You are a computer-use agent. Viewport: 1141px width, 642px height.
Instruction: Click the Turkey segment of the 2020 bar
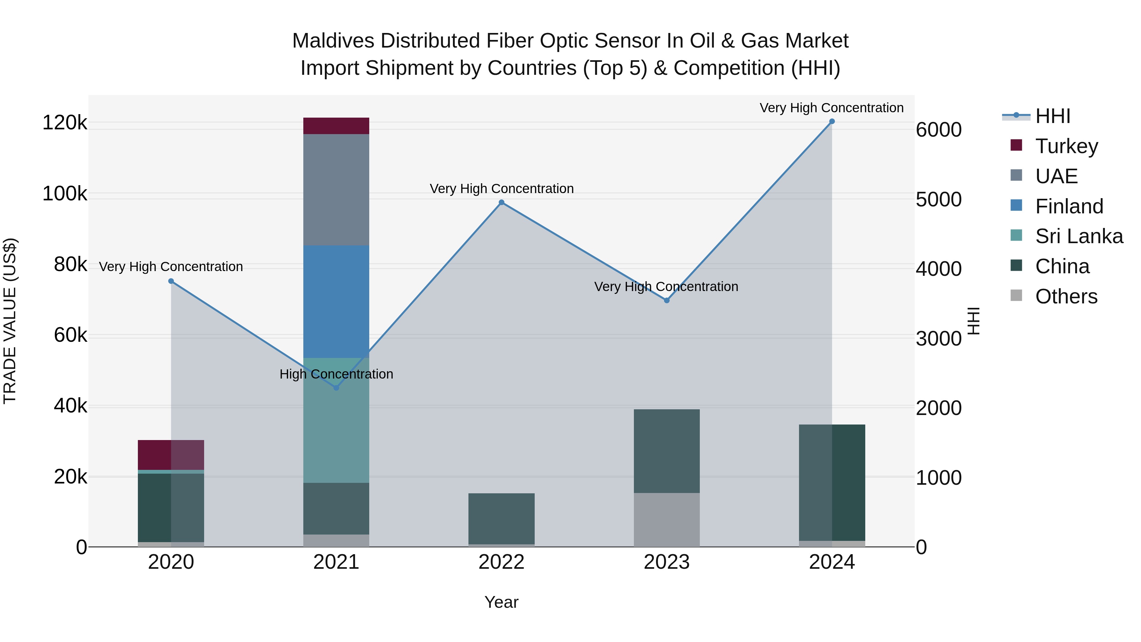(x=171, y=455)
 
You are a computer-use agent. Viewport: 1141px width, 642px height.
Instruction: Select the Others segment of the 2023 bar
(x=667, y=519)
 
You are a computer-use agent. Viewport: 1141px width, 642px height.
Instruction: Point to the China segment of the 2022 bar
(x=501, y=518)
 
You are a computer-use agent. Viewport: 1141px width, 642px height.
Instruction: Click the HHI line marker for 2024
(x=832, y=121)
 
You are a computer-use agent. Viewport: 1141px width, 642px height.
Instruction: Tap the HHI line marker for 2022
(x=501, y=203)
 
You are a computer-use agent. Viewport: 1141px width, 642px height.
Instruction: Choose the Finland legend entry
(x=1068, y=206)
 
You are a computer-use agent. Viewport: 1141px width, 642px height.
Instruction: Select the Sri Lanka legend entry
(x=1078, y=236)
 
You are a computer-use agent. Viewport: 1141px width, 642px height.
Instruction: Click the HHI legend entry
(x=1052, y=116)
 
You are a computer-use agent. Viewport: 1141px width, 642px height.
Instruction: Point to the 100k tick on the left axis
(x=65, y=194)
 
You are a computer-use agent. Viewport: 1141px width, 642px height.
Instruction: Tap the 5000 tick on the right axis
(x=938, y=199)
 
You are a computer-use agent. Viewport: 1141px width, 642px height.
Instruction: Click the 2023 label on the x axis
(x=667, y=562)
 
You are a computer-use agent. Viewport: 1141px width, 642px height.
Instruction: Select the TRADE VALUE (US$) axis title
(x=10, y=321)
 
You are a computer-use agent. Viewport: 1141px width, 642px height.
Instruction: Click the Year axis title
(x=501, y=602)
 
